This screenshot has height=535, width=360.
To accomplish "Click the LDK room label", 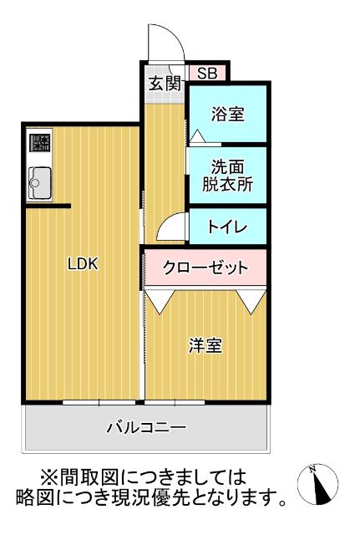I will coord(83,264).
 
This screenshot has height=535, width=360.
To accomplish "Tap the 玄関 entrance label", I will coord(165,83).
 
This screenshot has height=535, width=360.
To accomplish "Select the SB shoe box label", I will coord(206,74).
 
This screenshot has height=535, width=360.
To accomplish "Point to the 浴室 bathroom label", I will coord(227,114).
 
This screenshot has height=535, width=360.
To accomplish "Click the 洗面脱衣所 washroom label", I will coord(226,175).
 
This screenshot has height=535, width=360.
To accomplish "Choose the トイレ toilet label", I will coord(226,226).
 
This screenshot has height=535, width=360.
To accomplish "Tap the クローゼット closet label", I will coord(205,267).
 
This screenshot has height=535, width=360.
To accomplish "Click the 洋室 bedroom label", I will coord(205,345).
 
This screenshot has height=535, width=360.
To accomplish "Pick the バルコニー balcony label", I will coord(146,428).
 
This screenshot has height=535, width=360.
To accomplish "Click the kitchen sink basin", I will coord(39,181).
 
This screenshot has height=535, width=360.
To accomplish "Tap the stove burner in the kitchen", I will coord(39,143).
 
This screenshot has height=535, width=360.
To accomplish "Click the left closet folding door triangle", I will coord(160,299).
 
